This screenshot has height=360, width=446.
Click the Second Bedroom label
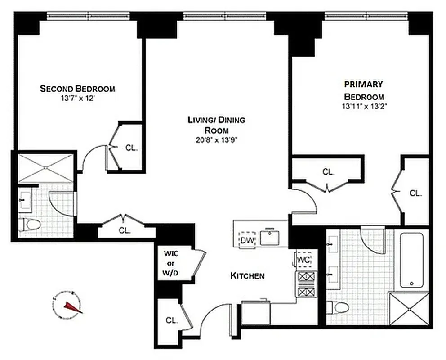(x=77, y=89)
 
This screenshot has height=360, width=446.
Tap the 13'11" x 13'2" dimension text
(x=364, y=107)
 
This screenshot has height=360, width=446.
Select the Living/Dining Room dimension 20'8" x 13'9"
(x=216, y=139)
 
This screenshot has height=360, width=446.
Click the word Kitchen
(x=247, y=275)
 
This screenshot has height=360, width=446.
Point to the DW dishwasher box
(x=247, y=240)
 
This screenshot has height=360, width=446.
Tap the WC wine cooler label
(x=304, y=260)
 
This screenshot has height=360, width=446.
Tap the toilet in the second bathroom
(x=31, y=224)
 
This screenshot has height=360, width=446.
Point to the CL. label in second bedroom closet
(x=131, y=148)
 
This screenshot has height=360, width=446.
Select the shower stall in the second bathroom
(x=45, y=167)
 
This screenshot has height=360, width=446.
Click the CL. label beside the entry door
(x=171, y=321)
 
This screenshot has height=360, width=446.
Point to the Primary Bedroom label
(x=364, y=90)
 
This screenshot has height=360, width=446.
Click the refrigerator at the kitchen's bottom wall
(x=256, y=313)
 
